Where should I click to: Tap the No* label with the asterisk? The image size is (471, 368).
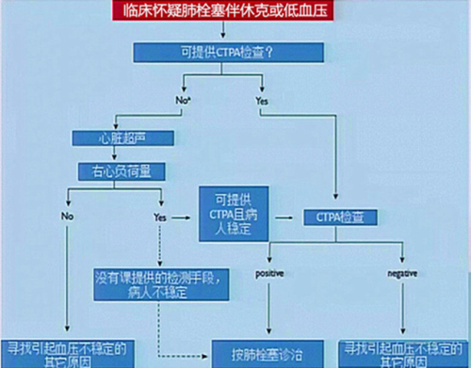185,98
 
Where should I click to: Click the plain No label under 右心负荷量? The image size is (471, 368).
68,216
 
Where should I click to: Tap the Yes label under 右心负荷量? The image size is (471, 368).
160,216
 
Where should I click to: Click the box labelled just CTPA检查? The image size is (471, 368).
340,216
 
